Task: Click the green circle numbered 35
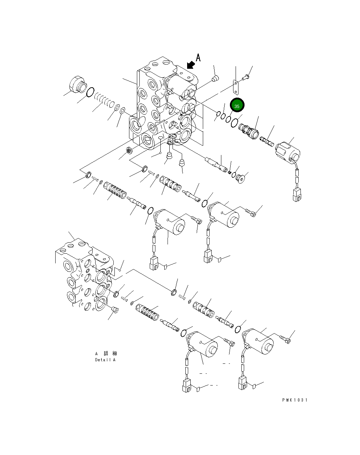tap(237, 106)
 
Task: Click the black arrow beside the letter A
tap(191, 64)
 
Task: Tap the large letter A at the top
tap(199, 57)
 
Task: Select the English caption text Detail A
tap(105, 360)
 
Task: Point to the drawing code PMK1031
tap(294, 400)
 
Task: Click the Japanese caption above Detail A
tap(106, 353)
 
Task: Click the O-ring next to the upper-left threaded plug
tap(91, 92)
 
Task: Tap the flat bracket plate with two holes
tap(235, 87)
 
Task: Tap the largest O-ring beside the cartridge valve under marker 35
tap(234, 123)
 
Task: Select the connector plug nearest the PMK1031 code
tap(243, 382)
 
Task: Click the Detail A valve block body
tap(84, 278)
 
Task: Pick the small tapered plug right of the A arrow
tap(215, 78)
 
